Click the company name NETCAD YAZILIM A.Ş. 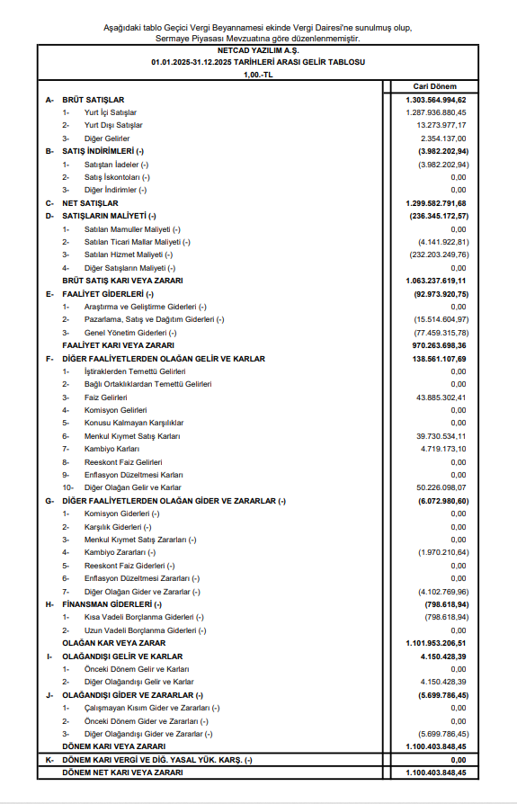click(258, 51)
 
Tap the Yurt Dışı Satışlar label click(113, 125)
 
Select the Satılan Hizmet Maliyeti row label click(131, 255)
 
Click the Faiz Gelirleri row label click(105, 398)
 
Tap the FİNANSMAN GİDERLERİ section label click(111, 604)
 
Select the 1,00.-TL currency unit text click(258, 75)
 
